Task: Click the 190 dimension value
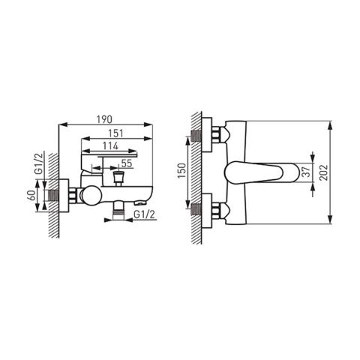point(104,119)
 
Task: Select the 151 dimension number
point(115,133)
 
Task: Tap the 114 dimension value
point(110,146)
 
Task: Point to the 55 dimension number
point(127,163)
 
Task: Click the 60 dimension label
point(32,195)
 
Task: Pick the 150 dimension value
point(183,171)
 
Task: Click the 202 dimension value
point(324,172)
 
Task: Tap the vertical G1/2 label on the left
point(39,163)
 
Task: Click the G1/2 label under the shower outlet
point(145,214)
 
